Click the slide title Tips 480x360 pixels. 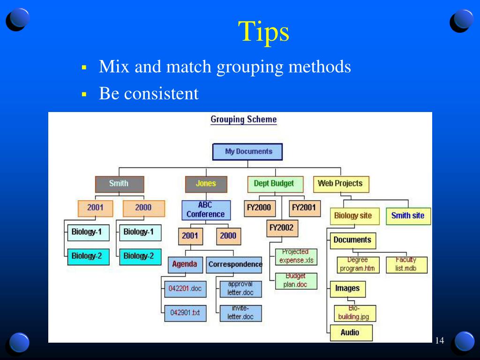[x=263, y=32]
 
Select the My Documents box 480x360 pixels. [x=248, y=152]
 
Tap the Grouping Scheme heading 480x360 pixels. [x=243, y=120]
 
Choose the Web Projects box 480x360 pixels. [x=340, y=184]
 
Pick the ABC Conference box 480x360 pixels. [x=206, y=210]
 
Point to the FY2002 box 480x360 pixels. [x=281, y=228]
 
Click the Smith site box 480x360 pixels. [x=408, y=216]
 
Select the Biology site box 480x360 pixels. [x=352, y=216]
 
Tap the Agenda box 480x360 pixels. [x=185, y=264]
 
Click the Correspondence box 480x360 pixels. [x=234, y=264]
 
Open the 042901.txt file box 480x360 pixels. [x=185, y=313]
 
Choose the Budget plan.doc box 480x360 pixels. [x=295, y=281]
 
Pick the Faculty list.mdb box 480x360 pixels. [x=406, y=265]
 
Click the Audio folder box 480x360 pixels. [x=351, y=333]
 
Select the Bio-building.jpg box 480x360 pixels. [x=354, y=313]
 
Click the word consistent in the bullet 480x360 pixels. [x=161, y=94]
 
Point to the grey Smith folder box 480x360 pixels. [x=119, y=184]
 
